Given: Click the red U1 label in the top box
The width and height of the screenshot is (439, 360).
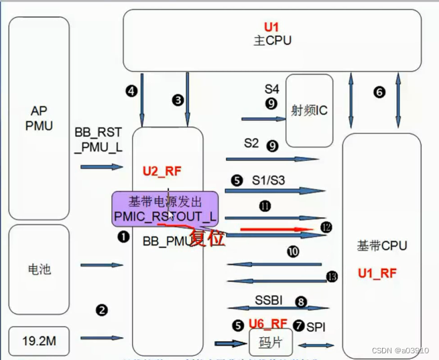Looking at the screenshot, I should point(271,27).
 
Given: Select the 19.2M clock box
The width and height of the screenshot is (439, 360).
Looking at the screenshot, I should point(38,342).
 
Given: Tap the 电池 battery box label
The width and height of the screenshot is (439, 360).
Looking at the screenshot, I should point(38,269).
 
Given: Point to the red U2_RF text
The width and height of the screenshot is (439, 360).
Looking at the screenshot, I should point(164,172).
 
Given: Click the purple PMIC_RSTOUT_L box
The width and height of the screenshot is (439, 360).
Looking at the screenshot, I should point(165,208).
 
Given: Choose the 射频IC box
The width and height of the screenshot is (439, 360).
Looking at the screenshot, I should point(309,111).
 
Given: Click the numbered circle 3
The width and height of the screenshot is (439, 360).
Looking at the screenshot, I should point(178,100).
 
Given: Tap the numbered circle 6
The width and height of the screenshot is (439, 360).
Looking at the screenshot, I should point(379,92).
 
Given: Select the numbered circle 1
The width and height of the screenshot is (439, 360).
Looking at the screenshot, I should point(123,237).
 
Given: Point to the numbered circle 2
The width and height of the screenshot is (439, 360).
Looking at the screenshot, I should point(102,310).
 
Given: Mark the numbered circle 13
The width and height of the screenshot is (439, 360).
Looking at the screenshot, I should point(331,276).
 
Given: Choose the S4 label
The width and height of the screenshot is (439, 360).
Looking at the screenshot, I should point(271,88).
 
